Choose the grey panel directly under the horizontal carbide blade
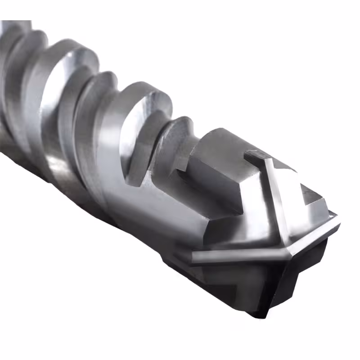234,279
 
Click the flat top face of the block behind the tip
225,144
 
